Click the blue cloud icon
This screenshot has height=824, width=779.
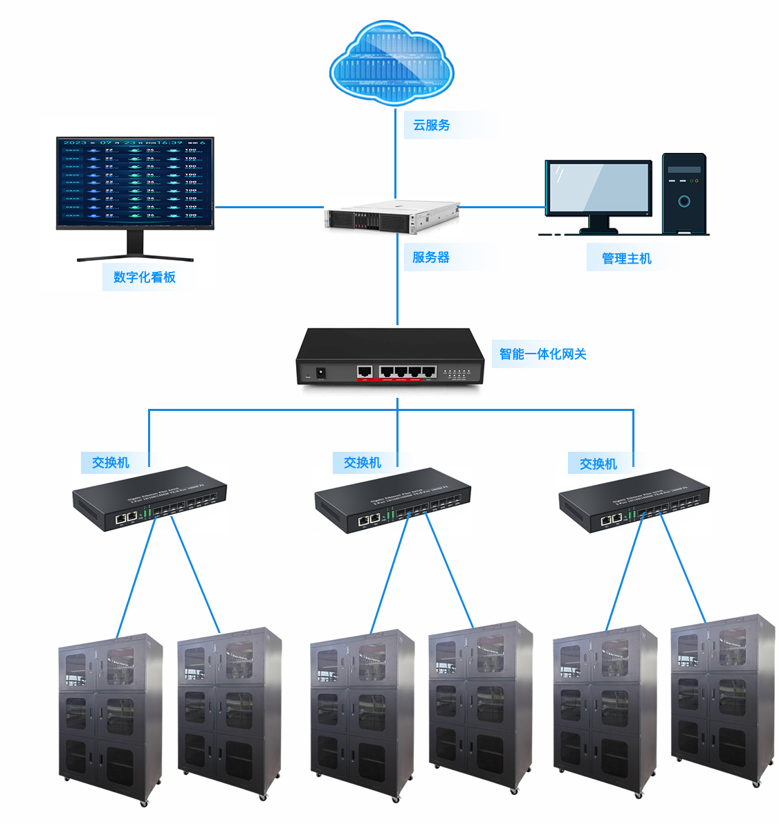click(x=392, y=62)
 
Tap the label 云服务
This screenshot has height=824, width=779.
click(x=432, y=125)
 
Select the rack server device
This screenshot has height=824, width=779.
click(x=392, y=216)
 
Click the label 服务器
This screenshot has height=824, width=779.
click(x=431, y=257)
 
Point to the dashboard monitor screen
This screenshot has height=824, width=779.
click(x=135, y=182)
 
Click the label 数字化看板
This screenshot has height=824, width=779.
click(x=145, y=277)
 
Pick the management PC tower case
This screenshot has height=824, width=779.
click(x=684, y=194)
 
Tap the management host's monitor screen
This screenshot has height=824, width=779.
click(x=598, y=188)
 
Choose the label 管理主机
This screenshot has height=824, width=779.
click(x=627, y=259)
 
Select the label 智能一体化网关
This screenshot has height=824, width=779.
click(x=543, y=354)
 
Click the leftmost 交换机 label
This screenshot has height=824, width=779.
click(x=111, y=463)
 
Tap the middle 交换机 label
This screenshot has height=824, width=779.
click(x=363, y=463)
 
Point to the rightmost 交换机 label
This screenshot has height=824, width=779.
click(x=598, y=464)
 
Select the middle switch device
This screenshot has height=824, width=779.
click(x=392, y=500)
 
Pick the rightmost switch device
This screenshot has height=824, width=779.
click(x=634, y=500)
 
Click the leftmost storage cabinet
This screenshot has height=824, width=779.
click(x=111, y=720)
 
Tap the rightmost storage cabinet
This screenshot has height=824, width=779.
click(x=723, y=699)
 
